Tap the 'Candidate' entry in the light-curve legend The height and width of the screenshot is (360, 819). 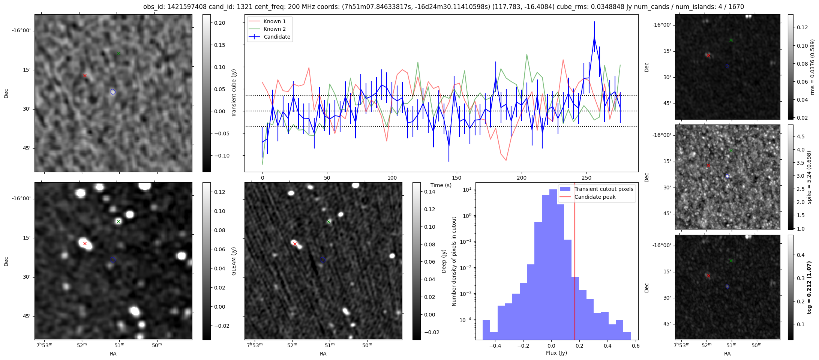[x=277, y=37]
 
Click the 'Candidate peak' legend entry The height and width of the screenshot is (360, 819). [x=595, y=197]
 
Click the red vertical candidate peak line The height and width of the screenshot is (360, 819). [x=575, y=262]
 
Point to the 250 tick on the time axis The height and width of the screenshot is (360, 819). [x=586, y=178]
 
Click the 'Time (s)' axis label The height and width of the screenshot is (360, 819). [x=441, y=185]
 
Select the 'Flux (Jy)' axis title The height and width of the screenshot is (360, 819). [x=556, y=353]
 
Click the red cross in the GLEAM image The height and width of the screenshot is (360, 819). [x=85, y=243]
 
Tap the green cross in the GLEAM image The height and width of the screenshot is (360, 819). [x=118, y=221]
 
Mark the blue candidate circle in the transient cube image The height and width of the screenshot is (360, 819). [x=113, y=92]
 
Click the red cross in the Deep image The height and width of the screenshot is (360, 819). [x=295, y=244]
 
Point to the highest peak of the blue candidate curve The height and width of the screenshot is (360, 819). [x=594, y=37]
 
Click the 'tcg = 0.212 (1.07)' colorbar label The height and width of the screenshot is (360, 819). [x=809, y=288]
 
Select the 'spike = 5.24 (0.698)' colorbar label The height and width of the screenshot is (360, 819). [x=809, y=177]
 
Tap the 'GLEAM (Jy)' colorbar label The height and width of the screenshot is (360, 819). [x=234, y=261]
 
